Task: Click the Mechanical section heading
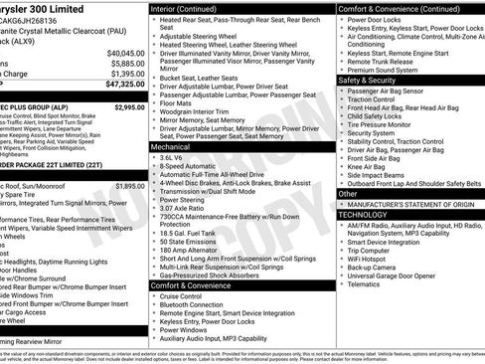pyautogui.click(x=170, y=146)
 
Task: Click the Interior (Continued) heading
pyautogui.click(x=184, y=8)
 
